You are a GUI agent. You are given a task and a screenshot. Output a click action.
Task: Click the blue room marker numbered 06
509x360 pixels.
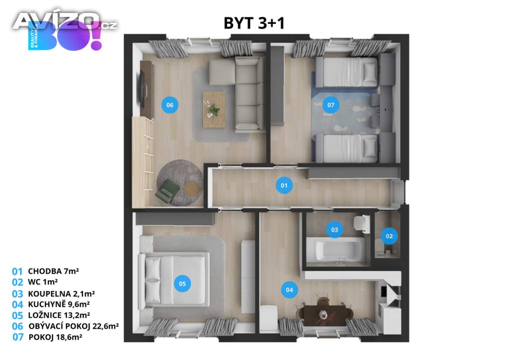click(x=170, y=105)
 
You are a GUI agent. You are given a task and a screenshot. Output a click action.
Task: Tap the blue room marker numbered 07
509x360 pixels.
click(x=331, y=105)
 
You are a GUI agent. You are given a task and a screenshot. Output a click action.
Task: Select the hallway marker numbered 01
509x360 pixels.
click(x=284, y=185)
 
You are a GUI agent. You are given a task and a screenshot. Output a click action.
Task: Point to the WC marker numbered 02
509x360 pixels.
click(x=389, y=236)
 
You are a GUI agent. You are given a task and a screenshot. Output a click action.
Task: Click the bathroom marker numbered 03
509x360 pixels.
click(x=335, y=230)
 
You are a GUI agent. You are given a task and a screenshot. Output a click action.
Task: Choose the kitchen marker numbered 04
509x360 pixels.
click(x=289, y=289)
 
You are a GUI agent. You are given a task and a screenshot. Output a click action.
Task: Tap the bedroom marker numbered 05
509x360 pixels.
click(x=182, y=283)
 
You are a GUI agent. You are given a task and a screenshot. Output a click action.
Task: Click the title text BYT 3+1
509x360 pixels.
click(x=254, y=23)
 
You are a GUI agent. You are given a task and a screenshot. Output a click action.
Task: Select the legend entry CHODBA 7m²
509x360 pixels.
click(x=54, y=271)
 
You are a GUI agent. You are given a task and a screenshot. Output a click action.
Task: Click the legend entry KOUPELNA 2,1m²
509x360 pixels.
click(x=61, y=294)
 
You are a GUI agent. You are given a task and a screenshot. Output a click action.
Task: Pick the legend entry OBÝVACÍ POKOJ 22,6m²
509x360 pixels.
click(x=74, y=326)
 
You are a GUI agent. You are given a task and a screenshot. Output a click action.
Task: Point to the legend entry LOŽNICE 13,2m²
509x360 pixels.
click(x=59, y=315)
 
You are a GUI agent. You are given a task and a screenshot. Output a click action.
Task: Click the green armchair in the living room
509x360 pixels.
click(x=168, y=191)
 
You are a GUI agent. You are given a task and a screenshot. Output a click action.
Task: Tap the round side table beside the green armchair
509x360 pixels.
click(x=192, y=188)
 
